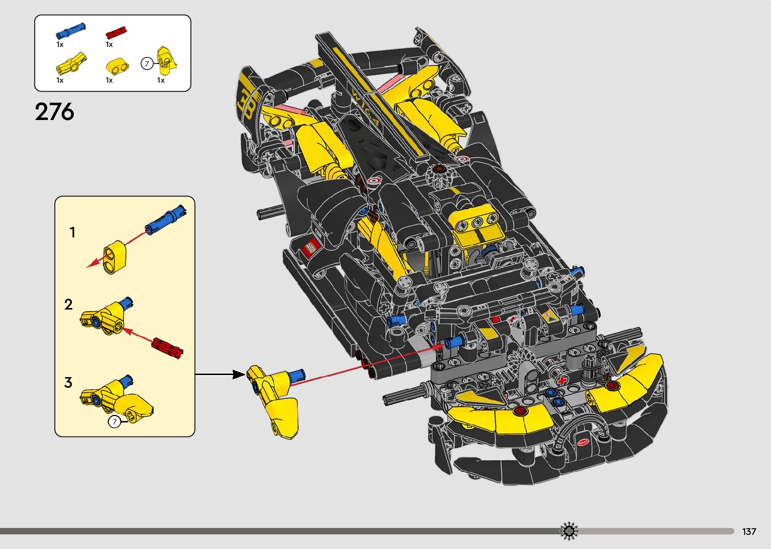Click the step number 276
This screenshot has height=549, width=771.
click(54, 112)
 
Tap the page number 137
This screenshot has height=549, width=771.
click(749, 531)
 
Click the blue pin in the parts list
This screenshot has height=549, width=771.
click(70, 31)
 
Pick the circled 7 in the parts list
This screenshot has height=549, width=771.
click(147, 64)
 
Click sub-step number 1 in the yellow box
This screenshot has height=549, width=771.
click(73, 232)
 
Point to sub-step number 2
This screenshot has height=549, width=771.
click(68, 304)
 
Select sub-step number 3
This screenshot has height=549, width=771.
click(68, 383)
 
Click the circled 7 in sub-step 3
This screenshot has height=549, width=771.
click(115, 421)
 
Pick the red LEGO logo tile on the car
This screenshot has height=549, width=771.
click(311, 248)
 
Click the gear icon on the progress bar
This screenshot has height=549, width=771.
click(569, 531)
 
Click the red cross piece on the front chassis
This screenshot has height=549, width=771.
click(562, 381)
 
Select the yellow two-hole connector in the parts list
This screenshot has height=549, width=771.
click(117, 66)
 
